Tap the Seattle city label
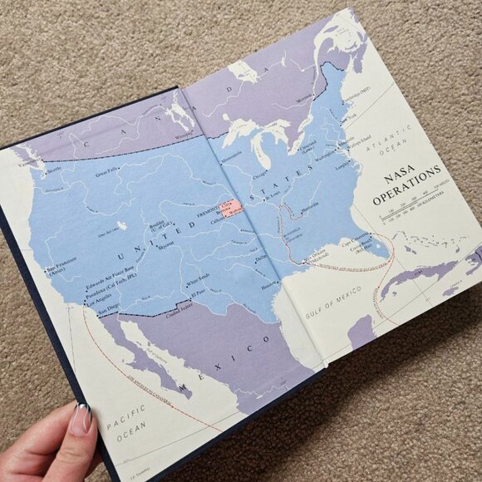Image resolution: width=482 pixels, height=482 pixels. [x=53, y=170]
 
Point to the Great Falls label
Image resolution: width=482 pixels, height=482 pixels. [x=106, y=175]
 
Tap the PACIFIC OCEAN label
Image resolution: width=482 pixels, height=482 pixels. [x=127, y=415]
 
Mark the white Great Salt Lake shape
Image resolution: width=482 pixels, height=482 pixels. [x=122, y=224]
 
